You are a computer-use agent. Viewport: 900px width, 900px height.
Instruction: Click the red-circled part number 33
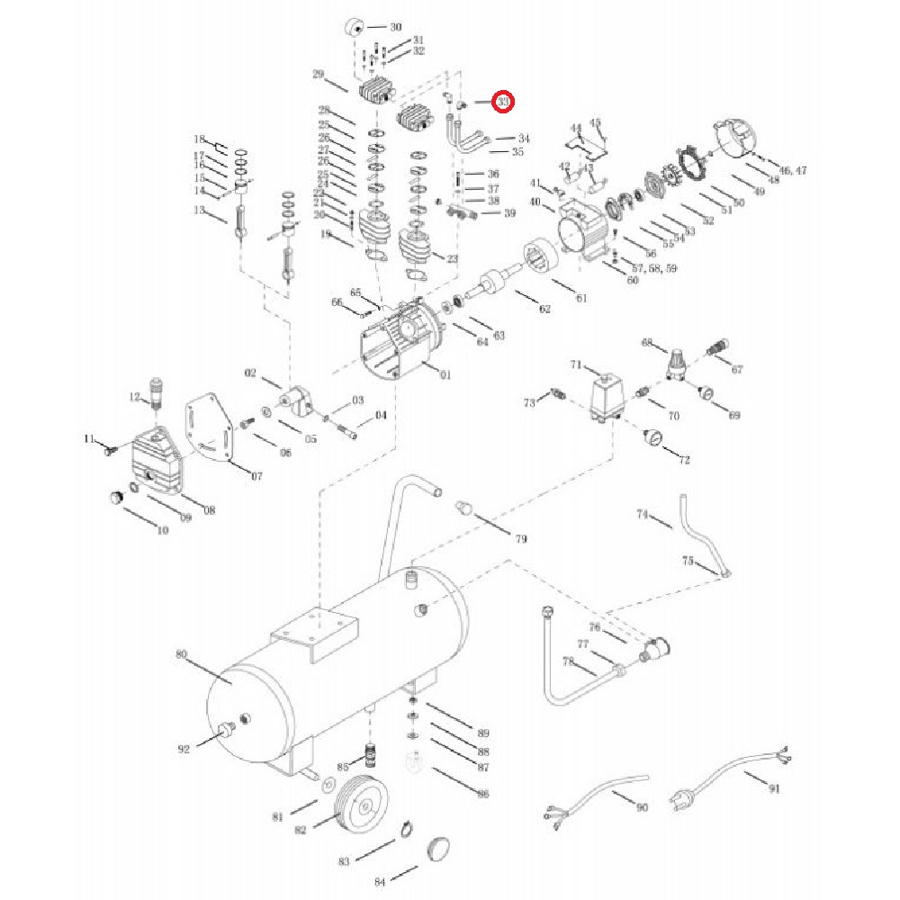pos(504,103)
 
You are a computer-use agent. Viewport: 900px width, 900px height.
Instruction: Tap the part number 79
pos(520,539)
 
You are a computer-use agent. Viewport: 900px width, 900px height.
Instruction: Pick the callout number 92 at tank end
pos(184,748)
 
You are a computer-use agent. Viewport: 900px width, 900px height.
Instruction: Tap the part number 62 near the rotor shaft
pos(544,310)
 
